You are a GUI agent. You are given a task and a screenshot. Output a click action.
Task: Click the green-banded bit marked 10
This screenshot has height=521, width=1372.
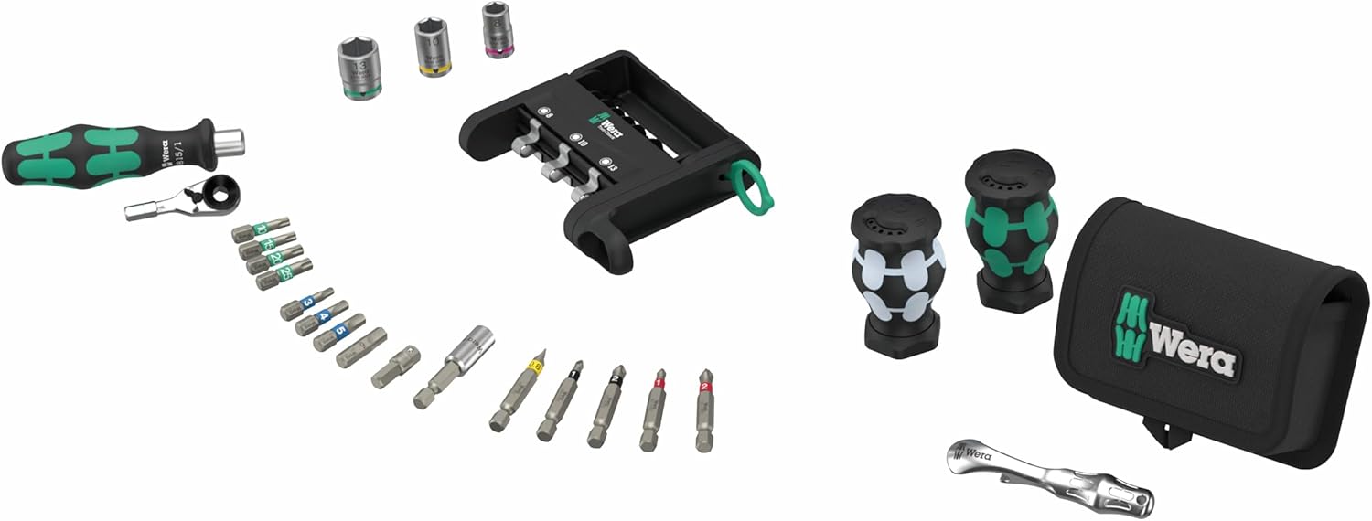[x=261, y=229]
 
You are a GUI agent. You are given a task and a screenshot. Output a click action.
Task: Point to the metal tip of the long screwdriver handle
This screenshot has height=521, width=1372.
[x=230, y=139]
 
